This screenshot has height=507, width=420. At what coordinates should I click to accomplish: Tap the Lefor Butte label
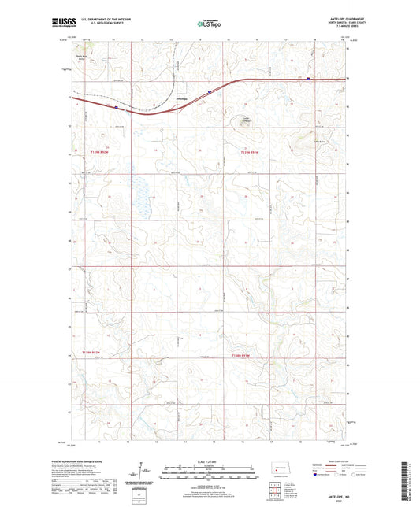click(320, 141)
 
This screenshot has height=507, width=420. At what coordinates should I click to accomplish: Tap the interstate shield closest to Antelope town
click(209, 91)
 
